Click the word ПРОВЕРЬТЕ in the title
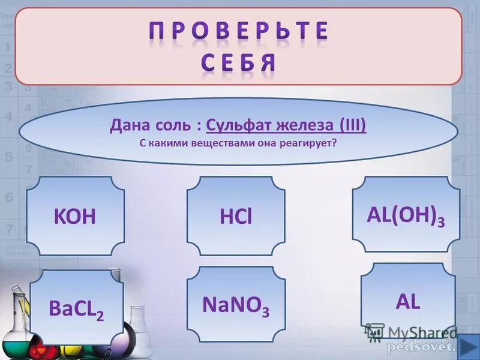239,31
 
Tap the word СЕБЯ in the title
239,62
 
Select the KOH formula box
75,217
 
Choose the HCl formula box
236,217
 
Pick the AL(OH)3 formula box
406,214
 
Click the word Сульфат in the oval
236,127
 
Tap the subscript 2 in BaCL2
100,316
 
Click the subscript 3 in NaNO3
265,313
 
